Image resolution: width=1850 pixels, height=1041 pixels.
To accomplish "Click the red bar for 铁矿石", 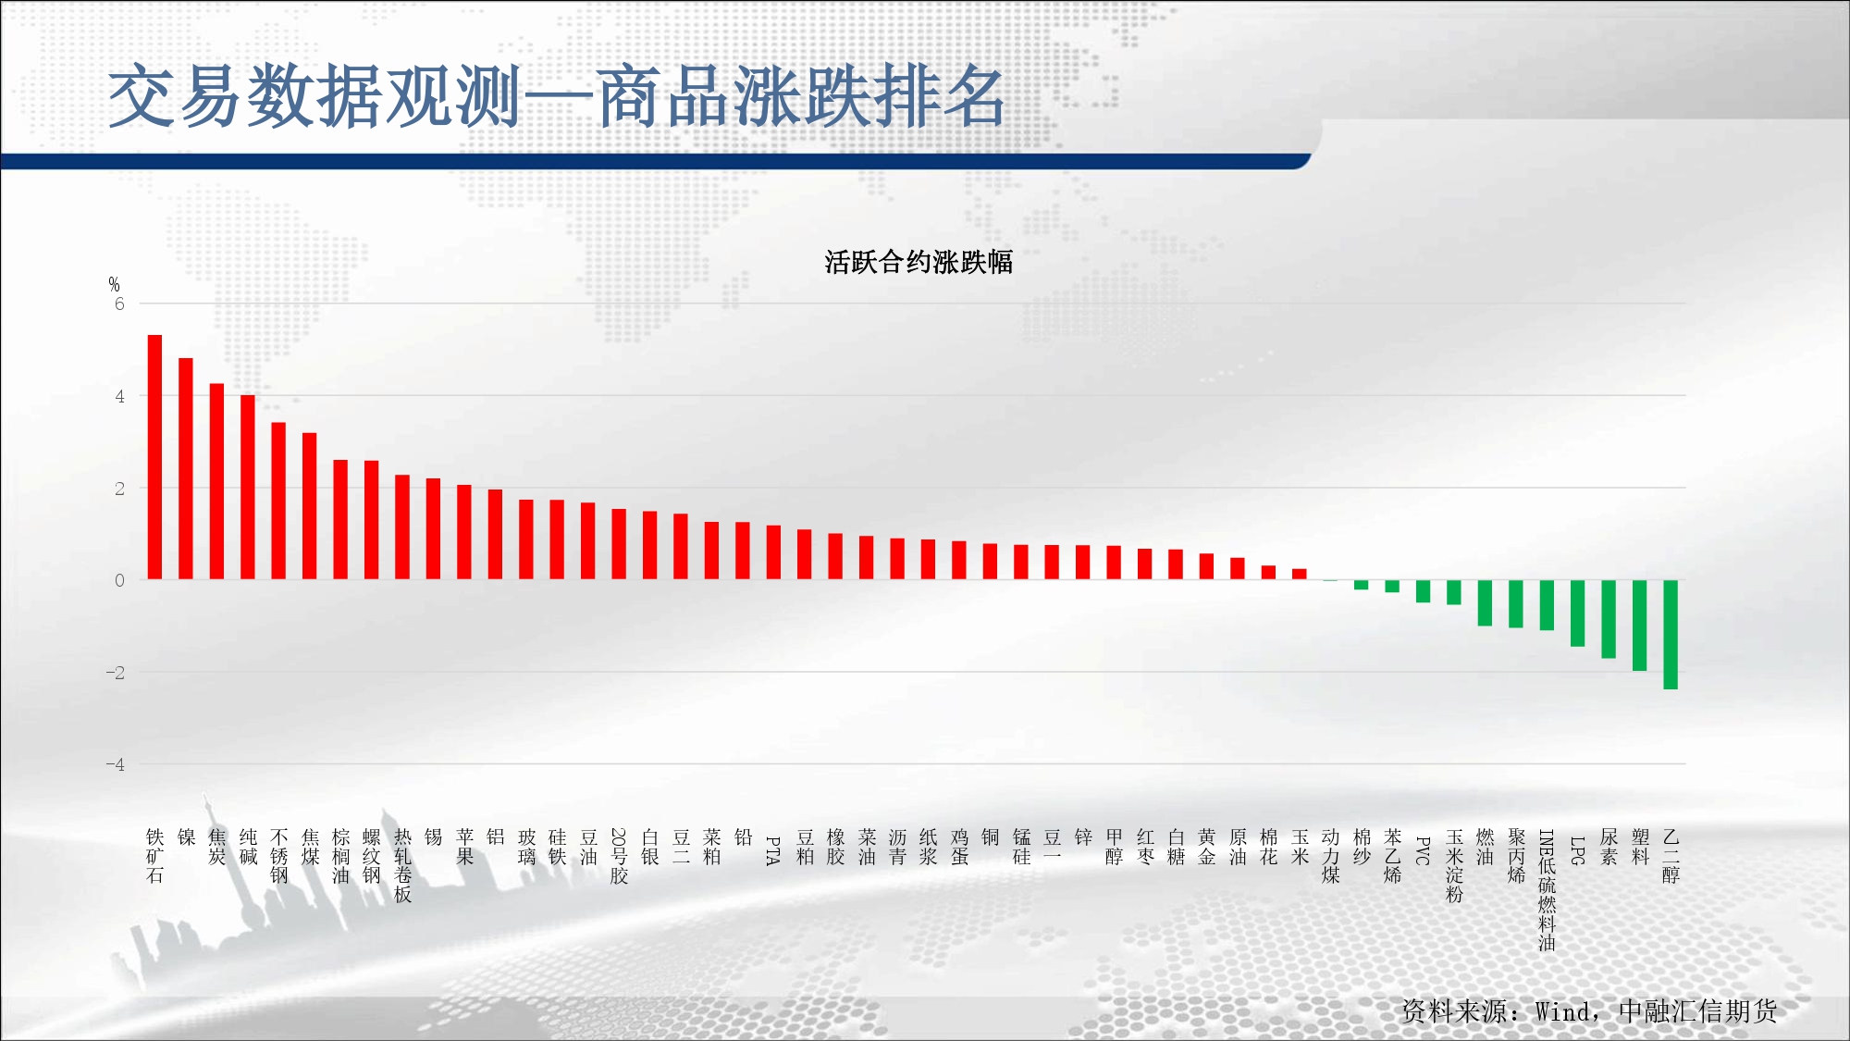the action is tap(154, 457).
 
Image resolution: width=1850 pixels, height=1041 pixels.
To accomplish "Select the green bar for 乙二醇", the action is tap(1671, 635).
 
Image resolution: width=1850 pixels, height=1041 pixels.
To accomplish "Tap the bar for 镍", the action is tap(186, 469).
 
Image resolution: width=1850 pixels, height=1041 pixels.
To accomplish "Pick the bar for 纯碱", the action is tap(248, 488).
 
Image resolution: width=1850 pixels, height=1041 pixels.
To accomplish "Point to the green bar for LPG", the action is tap(1578, 613).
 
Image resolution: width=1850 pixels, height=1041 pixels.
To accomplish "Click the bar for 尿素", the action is tap(1609, 619).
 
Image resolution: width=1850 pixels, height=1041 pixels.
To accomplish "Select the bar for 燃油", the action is tap(1485, 603).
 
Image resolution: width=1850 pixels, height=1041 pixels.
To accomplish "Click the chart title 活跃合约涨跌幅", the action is tap(919, 262).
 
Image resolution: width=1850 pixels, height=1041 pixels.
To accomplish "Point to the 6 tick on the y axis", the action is tap(119, 304).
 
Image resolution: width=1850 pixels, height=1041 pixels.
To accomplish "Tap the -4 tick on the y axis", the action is tap(115, 764).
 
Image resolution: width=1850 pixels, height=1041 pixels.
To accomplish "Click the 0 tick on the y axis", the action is tap(119, 580).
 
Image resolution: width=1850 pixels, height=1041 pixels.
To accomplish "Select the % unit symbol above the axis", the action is tap(114, 284).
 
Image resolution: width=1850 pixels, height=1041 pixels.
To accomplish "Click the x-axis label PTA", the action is tap(773, 850).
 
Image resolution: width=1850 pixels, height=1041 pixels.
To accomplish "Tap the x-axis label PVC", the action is tap(1423, 850).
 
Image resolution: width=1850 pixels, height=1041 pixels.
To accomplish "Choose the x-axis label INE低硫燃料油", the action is tap(1547, 890).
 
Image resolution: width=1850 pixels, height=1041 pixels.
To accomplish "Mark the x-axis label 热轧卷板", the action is tap(402, 866).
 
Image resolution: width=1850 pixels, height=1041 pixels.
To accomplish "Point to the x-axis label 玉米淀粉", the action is tap(1454, 866).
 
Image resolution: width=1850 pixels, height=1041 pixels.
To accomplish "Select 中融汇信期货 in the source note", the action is tap(1697, 1011).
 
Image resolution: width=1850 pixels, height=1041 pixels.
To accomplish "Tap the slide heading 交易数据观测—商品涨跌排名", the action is tap(557, 96).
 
